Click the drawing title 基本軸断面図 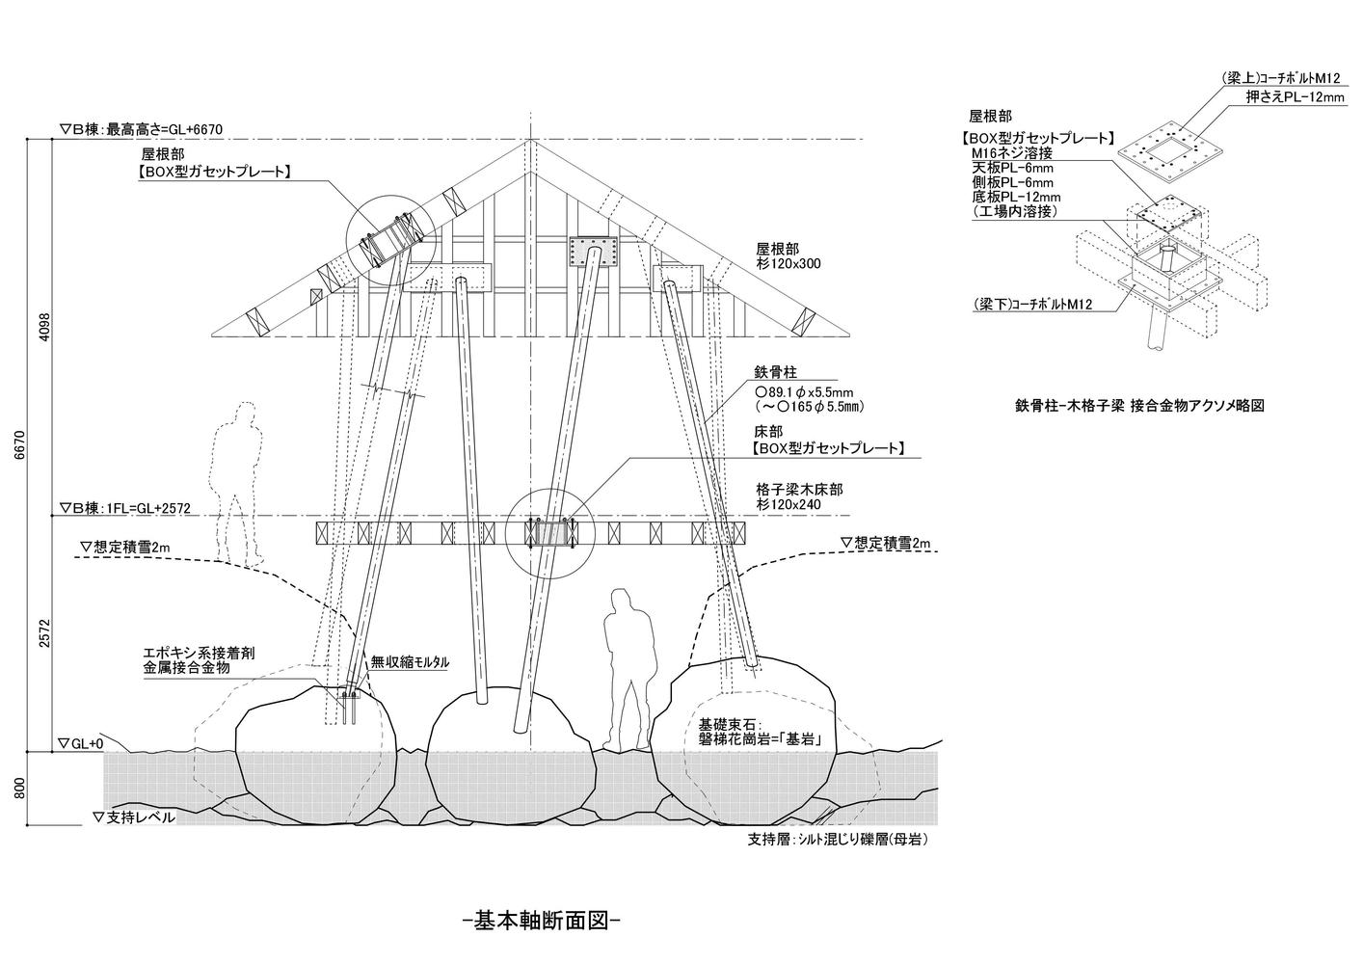tap(542, 921)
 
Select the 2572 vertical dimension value tap(43, 633)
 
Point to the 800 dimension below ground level tap(20, 789)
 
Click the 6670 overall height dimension tap(20, 444)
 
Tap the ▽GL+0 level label tap(80, 743)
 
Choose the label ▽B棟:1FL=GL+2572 tap(124, 508)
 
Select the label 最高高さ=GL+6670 tap(164, 129)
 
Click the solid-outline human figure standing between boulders tap(628, 669)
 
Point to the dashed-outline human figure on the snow tap(238, 485)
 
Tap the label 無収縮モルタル tap(410, 662)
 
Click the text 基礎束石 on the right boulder tap(727, 726)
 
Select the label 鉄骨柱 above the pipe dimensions tap(775, 371)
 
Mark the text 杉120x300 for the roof tap(788, 263)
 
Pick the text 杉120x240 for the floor tap(788, 504)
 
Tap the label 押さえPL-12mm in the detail tap(1295, 96)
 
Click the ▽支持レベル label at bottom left tap(133, 817)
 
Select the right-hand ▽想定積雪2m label tap(885, 544)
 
